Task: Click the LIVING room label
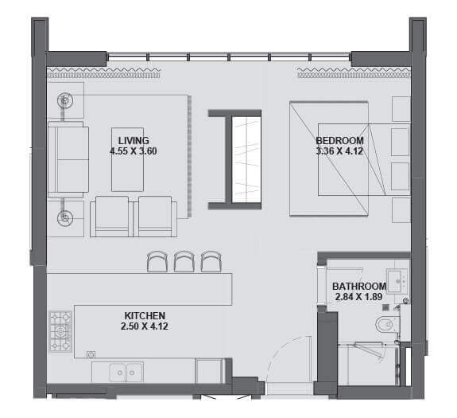point(134,141)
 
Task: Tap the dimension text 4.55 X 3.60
point(134,151)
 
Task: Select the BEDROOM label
point(340,141)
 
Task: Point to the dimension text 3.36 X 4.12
point(339,151)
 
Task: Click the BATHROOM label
point(359,286)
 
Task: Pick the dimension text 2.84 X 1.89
point(358,297)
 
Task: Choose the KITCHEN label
point(145,315)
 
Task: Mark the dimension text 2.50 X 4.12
point(145,326)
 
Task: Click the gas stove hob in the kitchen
point(60,331)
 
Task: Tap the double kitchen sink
point(126,372)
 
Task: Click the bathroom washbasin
point(395,281)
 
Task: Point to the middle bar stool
point(184,261)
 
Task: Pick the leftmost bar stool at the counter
point(157,261)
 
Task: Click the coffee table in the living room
point(128,159)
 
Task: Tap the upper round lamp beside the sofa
point(64,100)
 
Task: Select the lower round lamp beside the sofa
point(64,218)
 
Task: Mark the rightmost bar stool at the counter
point(211,261)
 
